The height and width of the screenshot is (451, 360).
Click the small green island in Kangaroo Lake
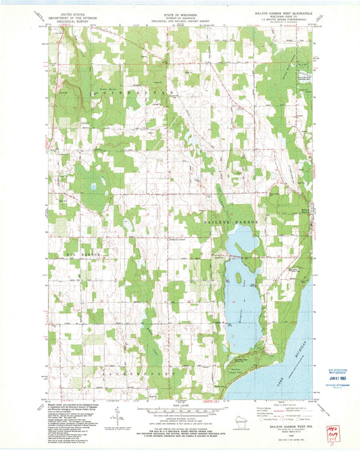(240, 275)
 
